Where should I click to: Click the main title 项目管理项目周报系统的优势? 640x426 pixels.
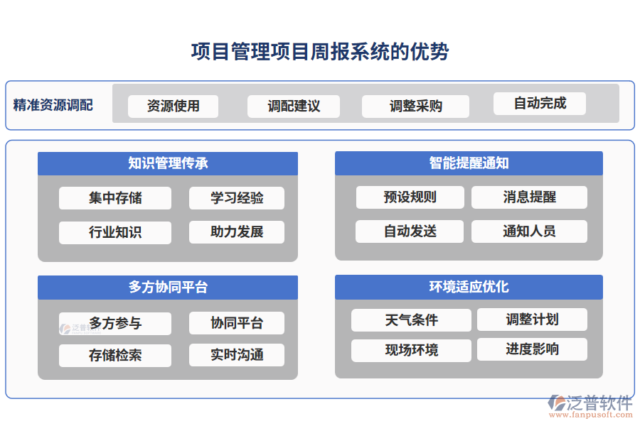(x=320, y=52)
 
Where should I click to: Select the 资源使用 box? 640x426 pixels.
(x=173, y=106)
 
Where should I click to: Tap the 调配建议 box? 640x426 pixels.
(x=294, y=106)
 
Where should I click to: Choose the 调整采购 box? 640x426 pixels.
(x=415, y=106)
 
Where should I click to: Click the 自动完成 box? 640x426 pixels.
(x=540, y=103)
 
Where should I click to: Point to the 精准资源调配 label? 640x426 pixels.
(x=53, y=105)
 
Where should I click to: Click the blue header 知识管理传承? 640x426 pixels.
(x=168, y=163)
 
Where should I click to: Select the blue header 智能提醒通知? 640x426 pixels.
(x=469, y=163)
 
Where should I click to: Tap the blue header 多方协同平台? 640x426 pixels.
(x=168, y=287)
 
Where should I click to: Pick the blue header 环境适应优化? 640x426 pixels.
(x=469, y=286)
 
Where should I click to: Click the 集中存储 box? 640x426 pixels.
(x=115, y=198)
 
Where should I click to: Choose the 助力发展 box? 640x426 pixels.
(x=237, y=232)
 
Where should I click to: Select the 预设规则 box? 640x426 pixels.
(x=410, y=197)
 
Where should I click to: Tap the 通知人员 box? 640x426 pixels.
(x=529, y=231)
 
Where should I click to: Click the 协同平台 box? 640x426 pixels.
(x=237, y=323)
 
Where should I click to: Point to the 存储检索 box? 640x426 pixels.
(x=115, y=355)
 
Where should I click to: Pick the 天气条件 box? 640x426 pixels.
(x=411, y=319)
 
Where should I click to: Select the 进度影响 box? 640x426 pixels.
(x=532, y=349)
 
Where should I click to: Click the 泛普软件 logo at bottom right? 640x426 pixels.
(x=590, y=405)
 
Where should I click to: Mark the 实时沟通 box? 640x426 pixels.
(x=237, y=355)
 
